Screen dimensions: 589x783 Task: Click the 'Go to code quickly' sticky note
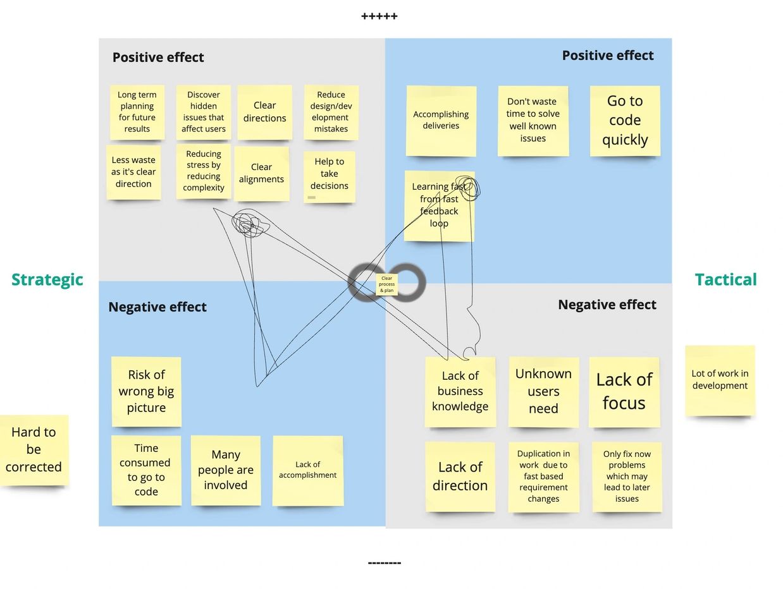coord(625,120)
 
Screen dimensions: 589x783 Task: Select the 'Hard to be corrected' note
coord(34,449)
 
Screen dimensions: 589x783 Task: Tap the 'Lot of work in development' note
coord(720,380)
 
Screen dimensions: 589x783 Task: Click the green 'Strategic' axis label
coord(47,279)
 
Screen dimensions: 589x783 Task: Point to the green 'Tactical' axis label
coord(725,279)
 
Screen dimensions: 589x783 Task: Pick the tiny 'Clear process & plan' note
coord(386,284)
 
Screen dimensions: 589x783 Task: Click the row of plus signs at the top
coord(379,16)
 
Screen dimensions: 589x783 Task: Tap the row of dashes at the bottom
coord(384,562)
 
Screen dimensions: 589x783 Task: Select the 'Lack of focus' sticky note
coord(624,391)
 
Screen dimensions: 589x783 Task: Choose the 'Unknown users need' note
coord(543,391)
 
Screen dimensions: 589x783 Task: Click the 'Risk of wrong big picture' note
coord(146,391)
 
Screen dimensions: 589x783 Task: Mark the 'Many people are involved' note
coord(226,470)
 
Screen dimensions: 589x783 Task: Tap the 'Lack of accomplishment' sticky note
coord(308,470)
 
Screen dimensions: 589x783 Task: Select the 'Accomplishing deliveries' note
coord(441,120)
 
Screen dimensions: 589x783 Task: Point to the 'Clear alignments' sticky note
coord(261,173)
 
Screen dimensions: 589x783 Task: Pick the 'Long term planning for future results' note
coord(137,112)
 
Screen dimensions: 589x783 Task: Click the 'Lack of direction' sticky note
coord(460,476)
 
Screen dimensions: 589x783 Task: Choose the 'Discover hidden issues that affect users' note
coord(204,112)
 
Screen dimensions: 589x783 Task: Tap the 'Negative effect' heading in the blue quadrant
coord(157,307)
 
